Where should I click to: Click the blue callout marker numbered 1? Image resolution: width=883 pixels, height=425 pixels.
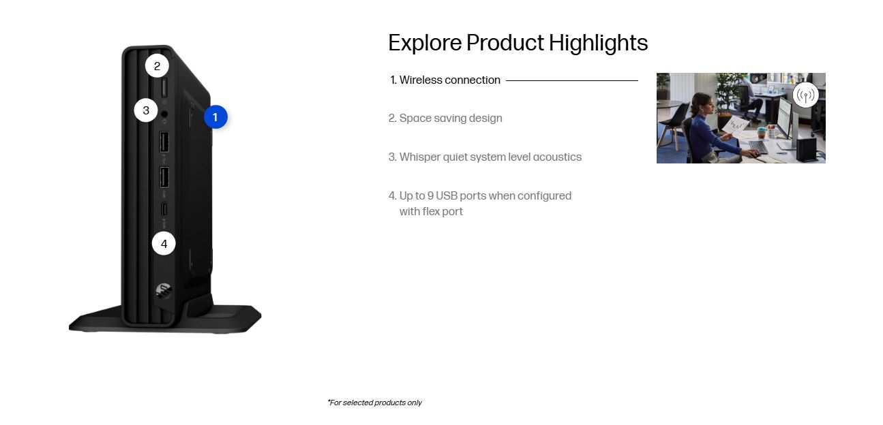click(215, 117)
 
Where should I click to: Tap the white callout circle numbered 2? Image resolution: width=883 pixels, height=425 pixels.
click(157, 66)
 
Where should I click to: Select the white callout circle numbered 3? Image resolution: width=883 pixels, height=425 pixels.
click(146, 110)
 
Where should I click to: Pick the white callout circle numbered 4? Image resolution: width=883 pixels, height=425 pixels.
click(164, 243)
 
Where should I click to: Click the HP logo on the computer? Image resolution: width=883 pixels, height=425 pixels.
click(163, 291)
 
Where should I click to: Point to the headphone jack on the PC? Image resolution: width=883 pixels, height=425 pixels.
click(164, 114)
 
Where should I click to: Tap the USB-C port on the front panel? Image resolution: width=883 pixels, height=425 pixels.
click(164, 209)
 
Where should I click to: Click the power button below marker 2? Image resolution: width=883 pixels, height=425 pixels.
click(164, 87)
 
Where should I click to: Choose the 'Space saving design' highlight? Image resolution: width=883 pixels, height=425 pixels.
click(445, 118)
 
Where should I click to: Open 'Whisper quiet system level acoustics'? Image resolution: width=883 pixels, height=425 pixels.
click(485, 157)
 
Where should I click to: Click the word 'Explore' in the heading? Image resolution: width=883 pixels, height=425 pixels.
click(425, 42)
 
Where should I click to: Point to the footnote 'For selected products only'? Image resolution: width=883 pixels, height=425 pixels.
click(375, 403)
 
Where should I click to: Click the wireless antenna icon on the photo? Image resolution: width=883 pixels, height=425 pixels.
click(805, 95)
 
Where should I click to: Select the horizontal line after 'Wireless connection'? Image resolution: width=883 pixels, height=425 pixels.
click(572, 80)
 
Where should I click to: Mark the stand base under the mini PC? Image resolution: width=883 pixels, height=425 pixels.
click(165, 318)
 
